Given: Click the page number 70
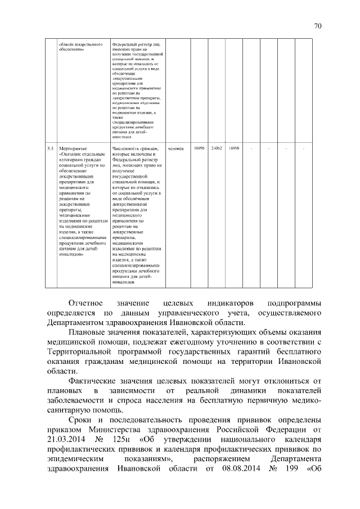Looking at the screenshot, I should (318, 26).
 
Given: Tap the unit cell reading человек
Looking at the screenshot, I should (176, 148).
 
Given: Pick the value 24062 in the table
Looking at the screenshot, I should (217, 148).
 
